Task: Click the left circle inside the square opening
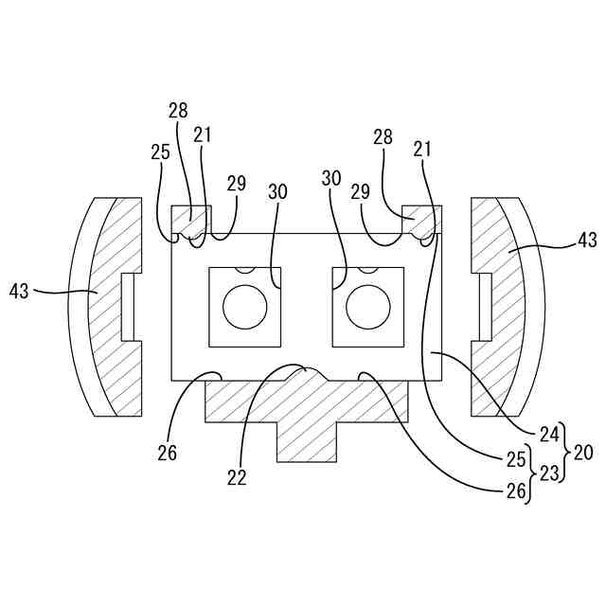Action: [245, 307]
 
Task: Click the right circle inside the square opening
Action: [368, 307]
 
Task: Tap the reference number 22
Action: [237, 478]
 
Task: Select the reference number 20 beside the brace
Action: [583, 453]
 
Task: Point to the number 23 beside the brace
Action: [549, 473]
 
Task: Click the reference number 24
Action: [549, 436]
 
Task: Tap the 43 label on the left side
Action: [19, 291]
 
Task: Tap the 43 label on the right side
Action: [587, 241]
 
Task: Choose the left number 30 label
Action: [277, 192]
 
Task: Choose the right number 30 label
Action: [331, 179]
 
